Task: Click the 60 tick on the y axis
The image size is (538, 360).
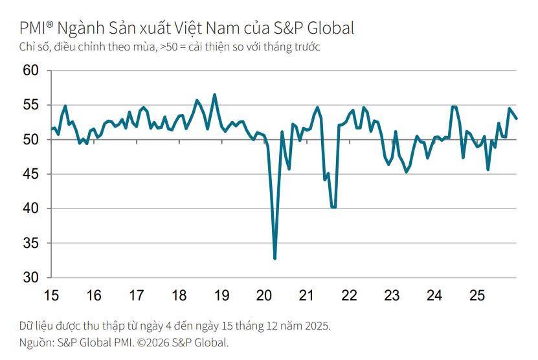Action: pyautogui.click(x=31, y=71)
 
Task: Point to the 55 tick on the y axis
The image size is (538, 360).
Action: pyautogui.click(x=31, y=105)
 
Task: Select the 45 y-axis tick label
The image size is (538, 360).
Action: pyautogui.click(x=31, y=174)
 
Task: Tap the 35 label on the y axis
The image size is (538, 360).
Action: pyautogui.click(x=31, y=243)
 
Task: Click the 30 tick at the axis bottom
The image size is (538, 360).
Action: pyautogui.click(x=31, y=278)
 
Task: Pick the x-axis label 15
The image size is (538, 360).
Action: pyautogui.click(x=51, y=296)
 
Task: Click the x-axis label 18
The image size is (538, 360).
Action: pyautogui.click(x=179, y=296)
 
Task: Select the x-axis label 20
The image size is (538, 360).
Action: pyautogui.click(x=264, y=296)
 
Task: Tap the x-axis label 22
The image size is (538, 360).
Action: pyautogui.click(x=349, y=296)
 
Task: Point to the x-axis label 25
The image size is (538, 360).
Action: pyautogui.click(x=477, y=296)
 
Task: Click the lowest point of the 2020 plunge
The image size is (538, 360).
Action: pyautogui.click(x=275, y=258)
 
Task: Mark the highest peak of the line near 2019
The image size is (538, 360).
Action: pyautogui.click(x=215, y=95)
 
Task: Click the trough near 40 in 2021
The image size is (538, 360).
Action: pyautogui.click(x=333, y=207)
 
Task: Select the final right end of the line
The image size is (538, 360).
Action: pyautogui.click(x=517, y=118)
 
